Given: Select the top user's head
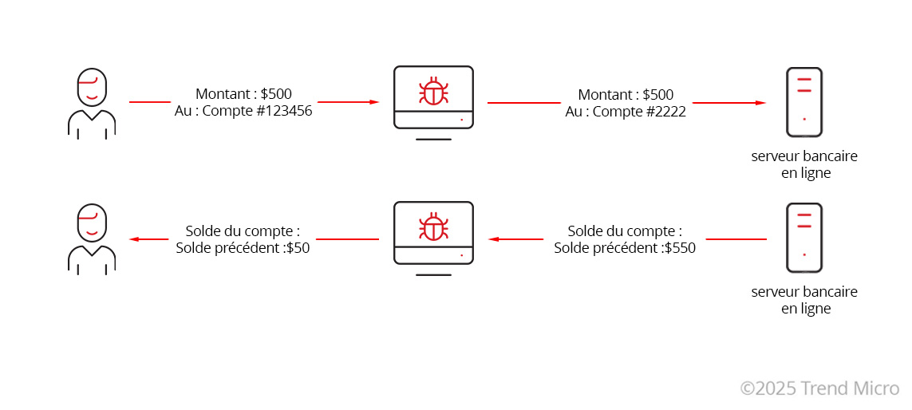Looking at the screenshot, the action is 92,88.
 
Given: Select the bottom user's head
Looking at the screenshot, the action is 92,223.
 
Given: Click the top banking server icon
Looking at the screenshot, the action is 804,102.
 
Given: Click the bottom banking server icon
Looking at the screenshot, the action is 804,237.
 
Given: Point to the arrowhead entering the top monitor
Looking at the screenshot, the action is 374,102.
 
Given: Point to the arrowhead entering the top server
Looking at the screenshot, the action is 760,103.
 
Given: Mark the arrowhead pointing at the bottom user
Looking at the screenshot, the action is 134,239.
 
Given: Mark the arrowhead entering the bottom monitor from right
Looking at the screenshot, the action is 494,239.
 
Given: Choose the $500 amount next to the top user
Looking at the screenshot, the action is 276,93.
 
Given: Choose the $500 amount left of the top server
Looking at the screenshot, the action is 657,94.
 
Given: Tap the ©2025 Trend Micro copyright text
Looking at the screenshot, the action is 820,388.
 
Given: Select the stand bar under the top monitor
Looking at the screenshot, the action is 433,140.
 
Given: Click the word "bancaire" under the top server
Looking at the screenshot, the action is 831,156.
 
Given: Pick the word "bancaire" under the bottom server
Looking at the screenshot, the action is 831,292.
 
